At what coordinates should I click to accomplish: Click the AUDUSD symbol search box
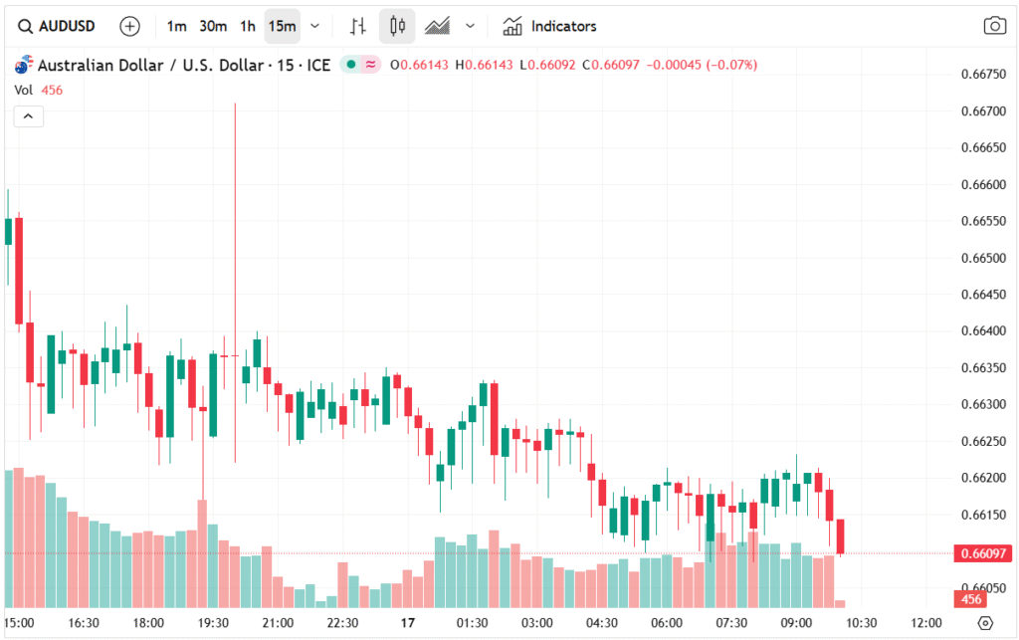tap(58, 26)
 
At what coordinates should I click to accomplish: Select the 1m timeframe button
tap(176, 26)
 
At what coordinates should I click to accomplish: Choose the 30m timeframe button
tap(213, 26)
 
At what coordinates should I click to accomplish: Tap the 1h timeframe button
tap(248, 26)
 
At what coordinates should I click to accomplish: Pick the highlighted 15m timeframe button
tap(283, 26)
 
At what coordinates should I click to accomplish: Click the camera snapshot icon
tap(994, 26)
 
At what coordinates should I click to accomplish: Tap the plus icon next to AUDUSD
tap(129, 26)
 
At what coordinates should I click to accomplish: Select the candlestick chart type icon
tap(397, 26)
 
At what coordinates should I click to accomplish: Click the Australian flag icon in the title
tap(24, 66)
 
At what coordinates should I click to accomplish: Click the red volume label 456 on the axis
tap(970, 599)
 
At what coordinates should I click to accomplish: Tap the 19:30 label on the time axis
tap(213, 623)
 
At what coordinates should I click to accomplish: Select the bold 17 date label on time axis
tap(407, 623)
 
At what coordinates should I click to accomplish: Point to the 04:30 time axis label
tap(601, 623)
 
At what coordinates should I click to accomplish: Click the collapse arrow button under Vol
tap(28, 116)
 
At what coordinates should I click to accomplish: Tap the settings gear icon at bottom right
tap(985, 623)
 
